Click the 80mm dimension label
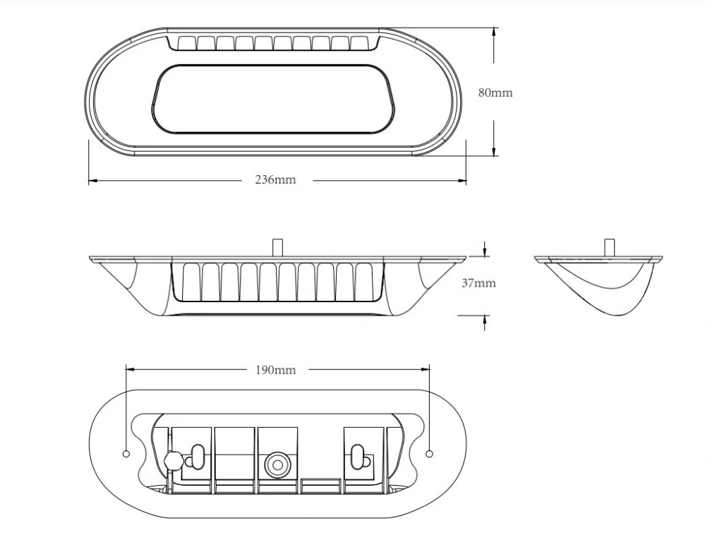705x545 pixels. pyautogui.click(x=495, y=92)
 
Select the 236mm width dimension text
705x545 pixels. pyautogui.click(x=275, y=180)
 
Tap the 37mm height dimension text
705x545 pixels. pyautogui.click(x=478, y=283)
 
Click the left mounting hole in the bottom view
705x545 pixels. pyautogui.click(x=126, y=453)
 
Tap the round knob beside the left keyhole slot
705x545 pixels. pyautogui.click(x=172, y=460)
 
